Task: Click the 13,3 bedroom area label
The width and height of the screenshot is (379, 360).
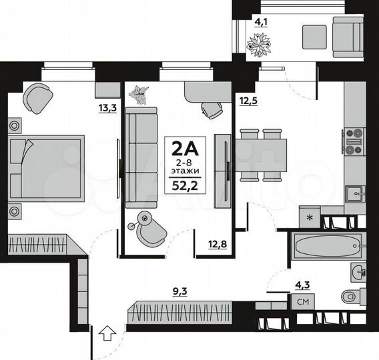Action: tap(107, 108)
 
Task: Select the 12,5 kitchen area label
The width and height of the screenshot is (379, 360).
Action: tap(249, 101)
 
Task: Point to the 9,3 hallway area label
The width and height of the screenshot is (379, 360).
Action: tap(180, 291)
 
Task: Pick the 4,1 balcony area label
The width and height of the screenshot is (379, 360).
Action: tap(260, 20)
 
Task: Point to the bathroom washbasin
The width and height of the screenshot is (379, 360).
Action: tap(358, 271)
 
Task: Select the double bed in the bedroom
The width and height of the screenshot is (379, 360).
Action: tap(46, 167)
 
